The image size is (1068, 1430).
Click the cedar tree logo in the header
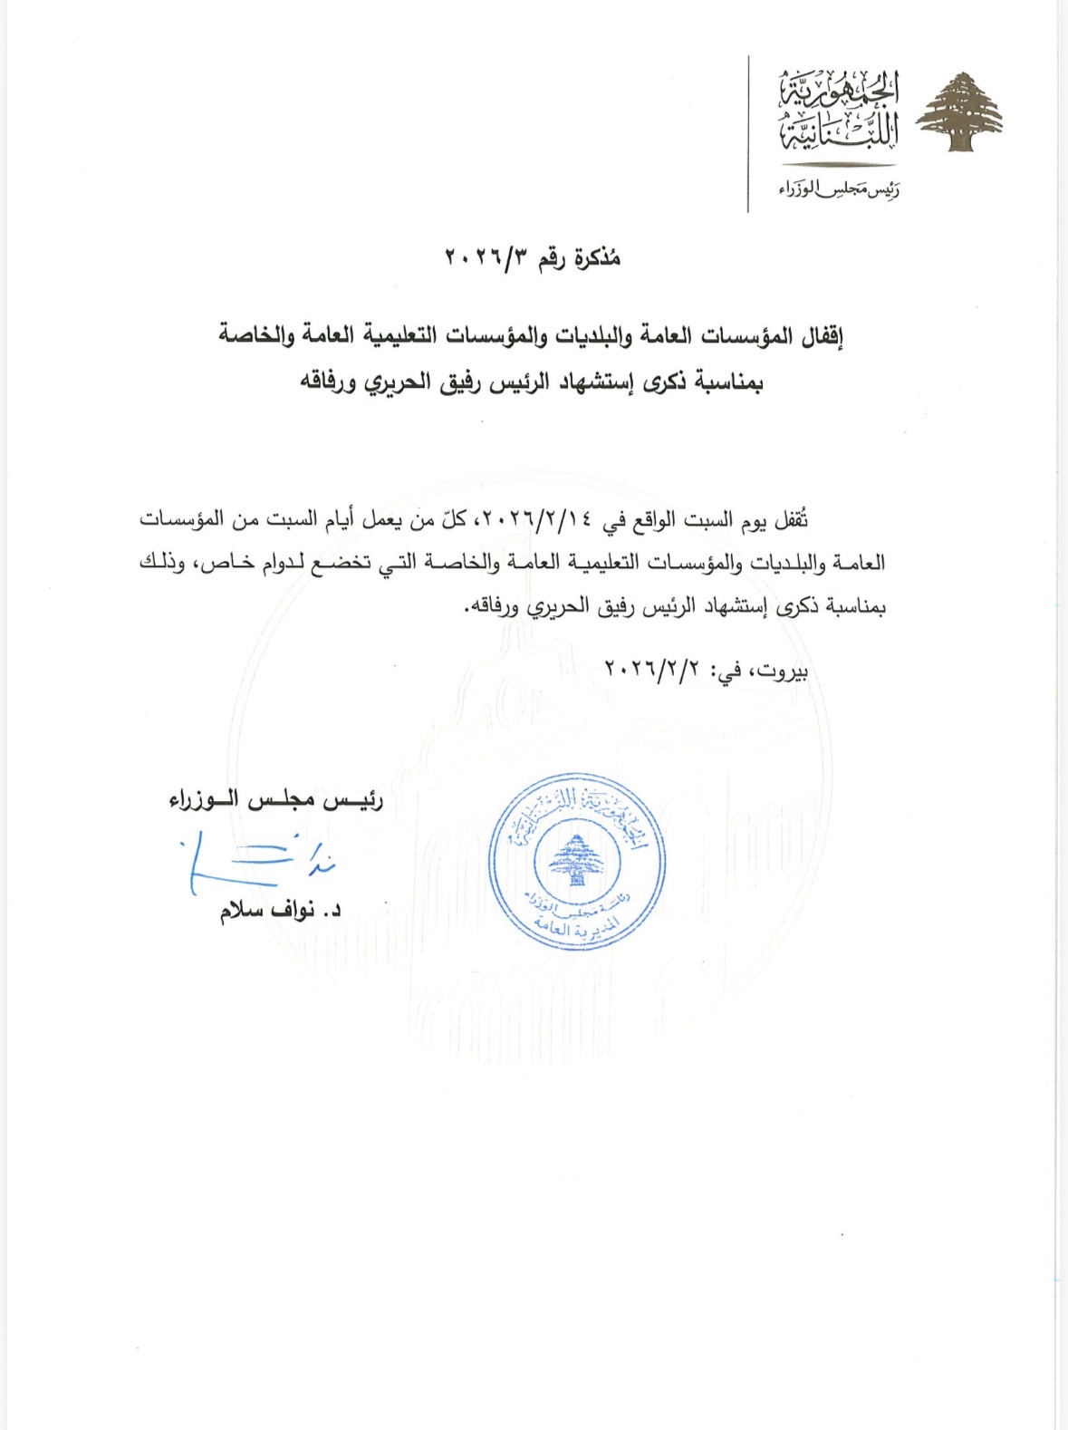tap(959, 112)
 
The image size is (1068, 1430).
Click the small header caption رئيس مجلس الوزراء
tap(839, 189)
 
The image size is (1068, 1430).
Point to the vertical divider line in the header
tap(748, 134)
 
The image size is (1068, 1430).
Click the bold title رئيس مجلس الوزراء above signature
tap(276, 800)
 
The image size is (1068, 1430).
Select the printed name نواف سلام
tap(267, 911)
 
